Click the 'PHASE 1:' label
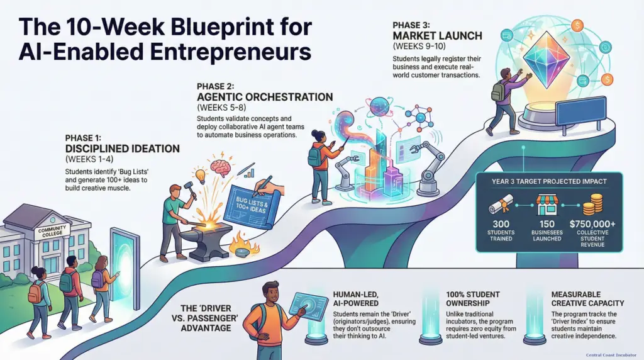pyautogui.click(x=86, y=135)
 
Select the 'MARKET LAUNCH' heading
pyautogui.click(x=434, y=37)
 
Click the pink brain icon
pyautogui.click(x=221, y=166)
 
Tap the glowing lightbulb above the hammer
pyautogui.click(x=200, y=174)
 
